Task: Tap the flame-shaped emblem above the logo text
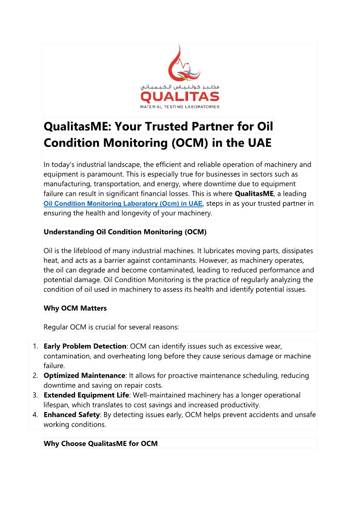[x=183, y=63]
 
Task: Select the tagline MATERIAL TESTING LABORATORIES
[x=180, y=107]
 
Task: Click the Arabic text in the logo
[x=180, y=86]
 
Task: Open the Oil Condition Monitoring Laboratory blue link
[x=123, y=204]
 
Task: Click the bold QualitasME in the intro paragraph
[x=254, y=194]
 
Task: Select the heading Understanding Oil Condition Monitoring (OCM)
[x=125, y=232]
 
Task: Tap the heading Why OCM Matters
[x=75, y=308]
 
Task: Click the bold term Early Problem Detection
[x=85, y=346]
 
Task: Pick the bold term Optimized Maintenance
[x=84, y=375]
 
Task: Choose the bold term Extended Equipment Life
[x=86, y=395]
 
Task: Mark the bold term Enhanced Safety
[x=72, y=415]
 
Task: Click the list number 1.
[x=35, y=346]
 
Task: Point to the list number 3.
[x=35, y=395]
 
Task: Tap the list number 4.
[x=35, y=415]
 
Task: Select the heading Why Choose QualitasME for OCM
[x=101, y=443]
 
